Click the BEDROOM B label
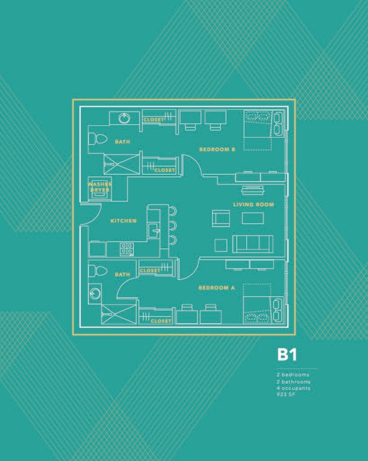click(x=217, y=149)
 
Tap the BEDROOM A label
click(x=217, y=288)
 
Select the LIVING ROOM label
click(x=253, y=205)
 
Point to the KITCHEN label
click(x=123, y=221)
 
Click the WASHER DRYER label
click(x=99, y=187)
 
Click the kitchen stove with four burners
click(x=127, y=249)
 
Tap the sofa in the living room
click(x=253, y=244)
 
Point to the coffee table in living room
click(x=253, y=218)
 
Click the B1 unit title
click(x=287, y=355)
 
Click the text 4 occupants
click(x=293, y=388)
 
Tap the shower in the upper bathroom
click(x=122, y=164)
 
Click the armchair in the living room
click(x=221, y=218)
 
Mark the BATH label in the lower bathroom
click(x=122, y=274)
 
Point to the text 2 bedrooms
click(x=293, y=375)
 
